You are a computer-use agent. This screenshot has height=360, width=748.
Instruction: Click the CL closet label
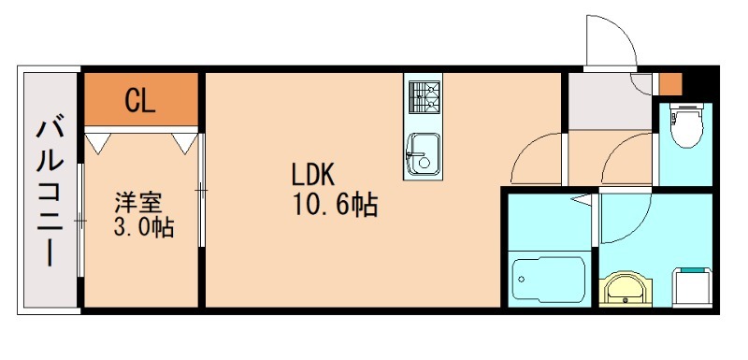[140, 100]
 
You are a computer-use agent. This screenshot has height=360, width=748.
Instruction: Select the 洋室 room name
[138, 200]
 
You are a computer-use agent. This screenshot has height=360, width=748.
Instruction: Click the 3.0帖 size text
[143, 227]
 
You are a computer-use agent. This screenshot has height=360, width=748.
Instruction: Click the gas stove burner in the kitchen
[424, 96]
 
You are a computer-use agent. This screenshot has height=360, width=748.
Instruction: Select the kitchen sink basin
[424, 151]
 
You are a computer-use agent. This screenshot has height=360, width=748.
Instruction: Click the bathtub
[549, 280]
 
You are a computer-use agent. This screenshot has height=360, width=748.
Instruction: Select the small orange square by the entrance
[669, 82]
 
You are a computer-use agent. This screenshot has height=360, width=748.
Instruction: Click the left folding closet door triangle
[98, 141]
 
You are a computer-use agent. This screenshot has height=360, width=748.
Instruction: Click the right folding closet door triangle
[185, 141]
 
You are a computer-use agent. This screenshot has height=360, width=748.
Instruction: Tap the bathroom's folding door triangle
[584, 199]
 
